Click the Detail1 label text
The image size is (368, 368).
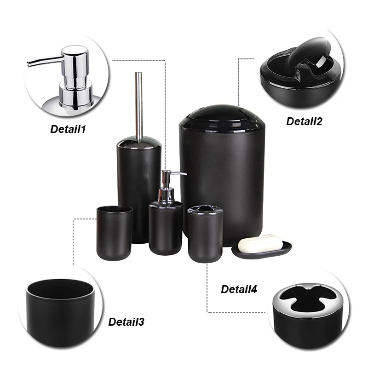[68, 129]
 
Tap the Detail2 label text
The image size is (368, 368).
[305, 121]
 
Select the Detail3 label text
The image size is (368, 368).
[126, 322]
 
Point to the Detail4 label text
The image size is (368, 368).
[239, 289]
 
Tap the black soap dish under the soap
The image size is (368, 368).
[262, 251]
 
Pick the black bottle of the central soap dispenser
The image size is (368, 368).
[166, 228]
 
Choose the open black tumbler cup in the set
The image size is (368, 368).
[114, 232]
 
